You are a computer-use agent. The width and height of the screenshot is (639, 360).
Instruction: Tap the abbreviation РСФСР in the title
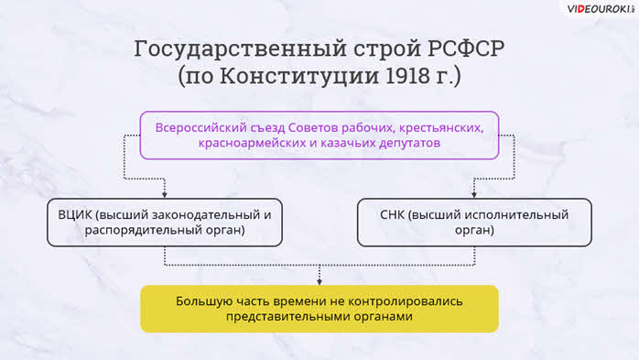coord(466,49)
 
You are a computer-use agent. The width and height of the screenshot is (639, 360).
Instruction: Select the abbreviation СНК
coord(393,215)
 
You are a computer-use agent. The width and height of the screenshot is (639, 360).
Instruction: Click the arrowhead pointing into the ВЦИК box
coord(165,195)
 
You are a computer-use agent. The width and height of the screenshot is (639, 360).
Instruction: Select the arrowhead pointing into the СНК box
coord(474,195)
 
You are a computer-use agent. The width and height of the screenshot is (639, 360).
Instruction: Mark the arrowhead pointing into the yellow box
coord(319,282)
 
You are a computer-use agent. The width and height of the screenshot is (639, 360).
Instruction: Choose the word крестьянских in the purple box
coord(441,128)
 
